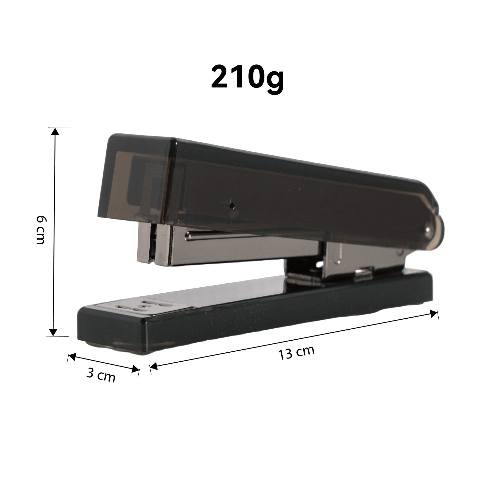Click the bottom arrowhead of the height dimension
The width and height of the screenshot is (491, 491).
point(53,332)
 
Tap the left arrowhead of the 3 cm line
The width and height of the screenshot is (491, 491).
point(72,356)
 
